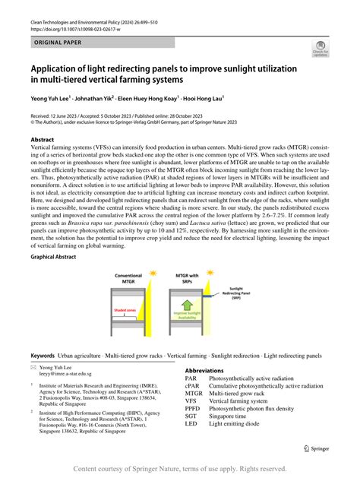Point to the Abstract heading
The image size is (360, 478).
pyautogui.click(x=43, y=141)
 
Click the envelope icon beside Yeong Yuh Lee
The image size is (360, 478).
pyautogui.click(x=34, y=366)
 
